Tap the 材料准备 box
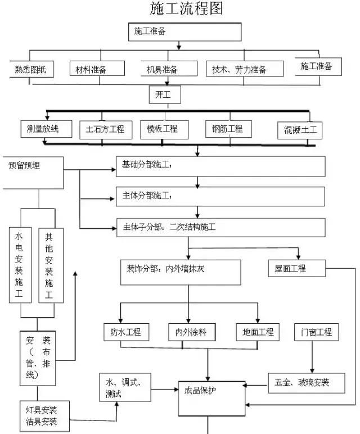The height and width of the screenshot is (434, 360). click(93, 70)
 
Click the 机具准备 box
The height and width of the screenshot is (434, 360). click(163, 70)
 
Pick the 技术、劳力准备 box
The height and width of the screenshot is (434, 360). click(239, 70)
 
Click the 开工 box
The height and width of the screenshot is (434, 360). click(165, 95)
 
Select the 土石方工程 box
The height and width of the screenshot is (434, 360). click(105, 129)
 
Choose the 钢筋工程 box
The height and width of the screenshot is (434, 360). click(224, 129)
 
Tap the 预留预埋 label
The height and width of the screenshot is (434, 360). click(28, 165)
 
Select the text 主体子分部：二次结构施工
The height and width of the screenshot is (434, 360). click(169, 227)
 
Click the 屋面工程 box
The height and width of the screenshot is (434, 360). click(296, 269)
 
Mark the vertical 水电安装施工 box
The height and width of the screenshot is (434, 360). click(20, 264)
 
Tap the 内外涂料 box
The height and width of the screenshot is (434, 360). click(191, 332)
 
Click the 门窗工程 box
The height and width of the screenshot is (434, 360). click(313, 332)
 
